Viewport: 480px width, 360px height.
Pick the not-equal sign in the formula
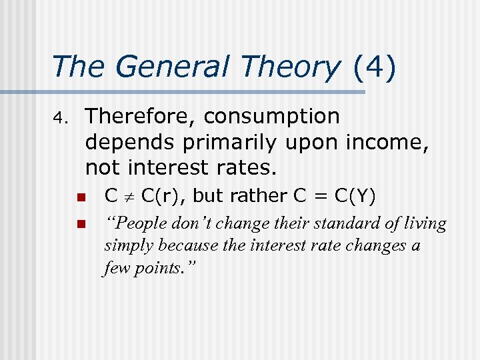pos(130,197)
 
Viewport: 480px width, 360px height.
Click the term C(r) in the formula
pos(157,197)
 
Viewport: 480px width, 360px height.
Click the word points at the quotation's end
pos(161,269)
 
